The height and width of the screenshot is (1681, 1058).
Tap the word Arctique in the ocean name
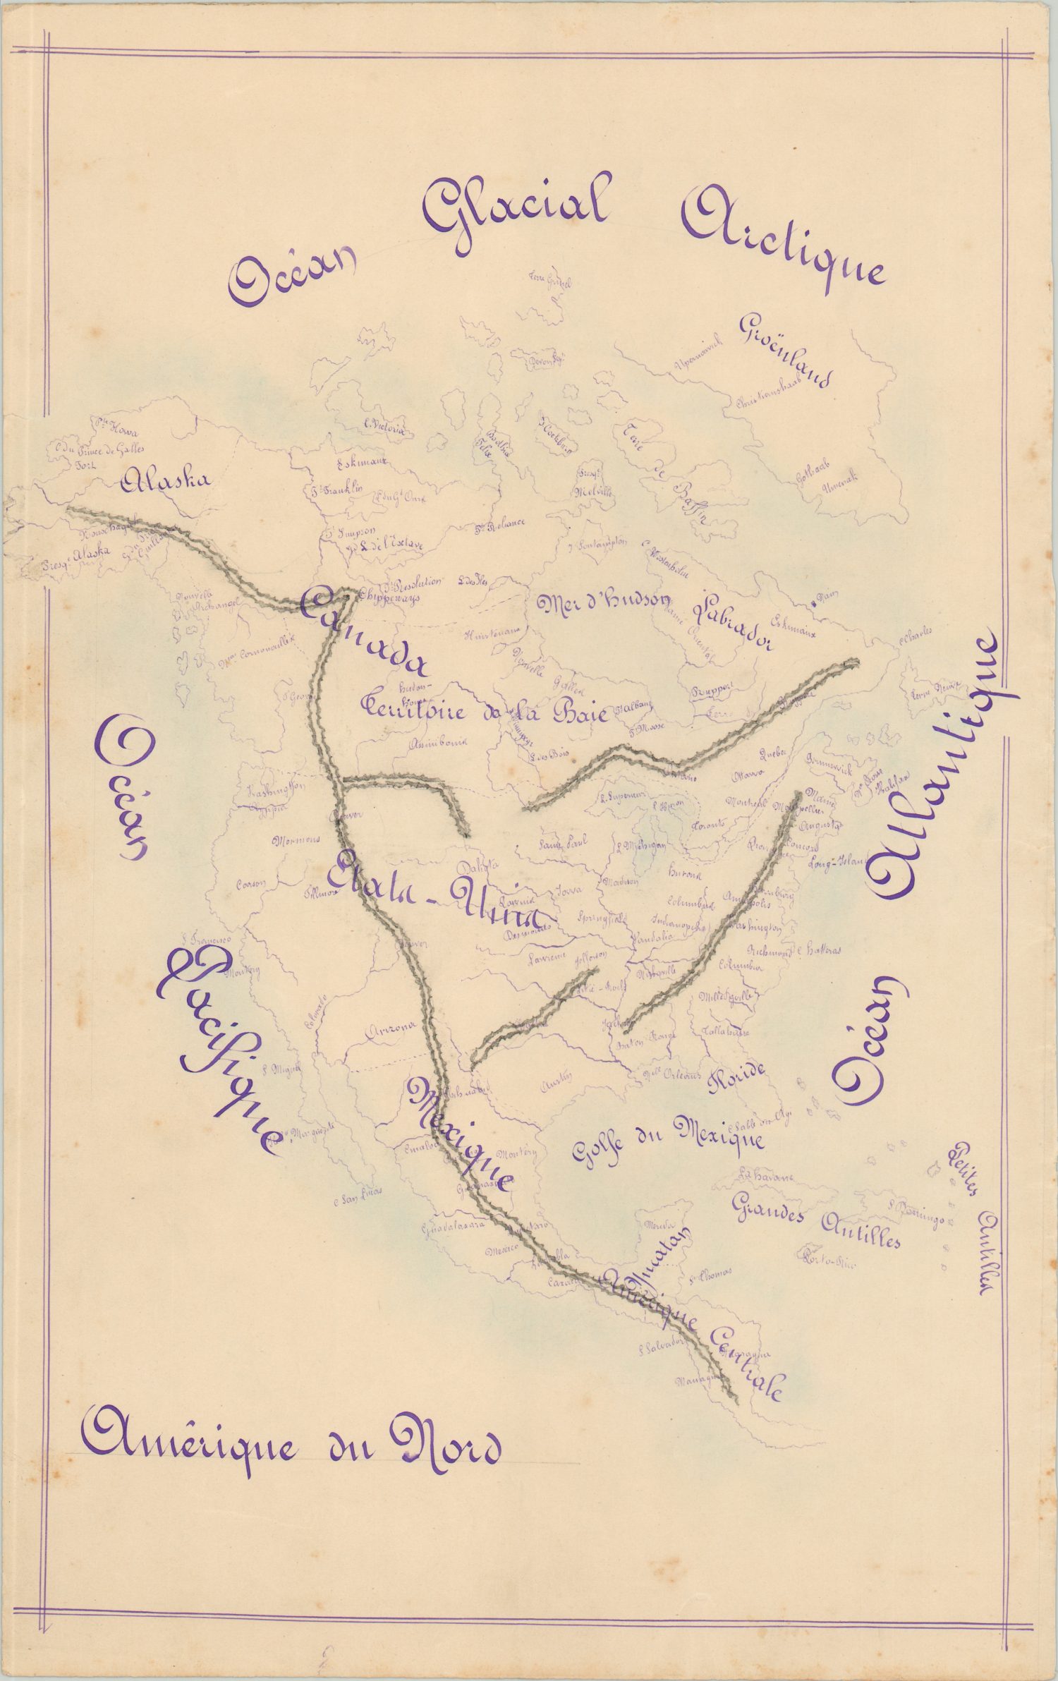(x=783, y=243)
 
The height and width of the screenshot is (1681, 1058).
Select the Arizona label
(x=391, y=1032)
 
